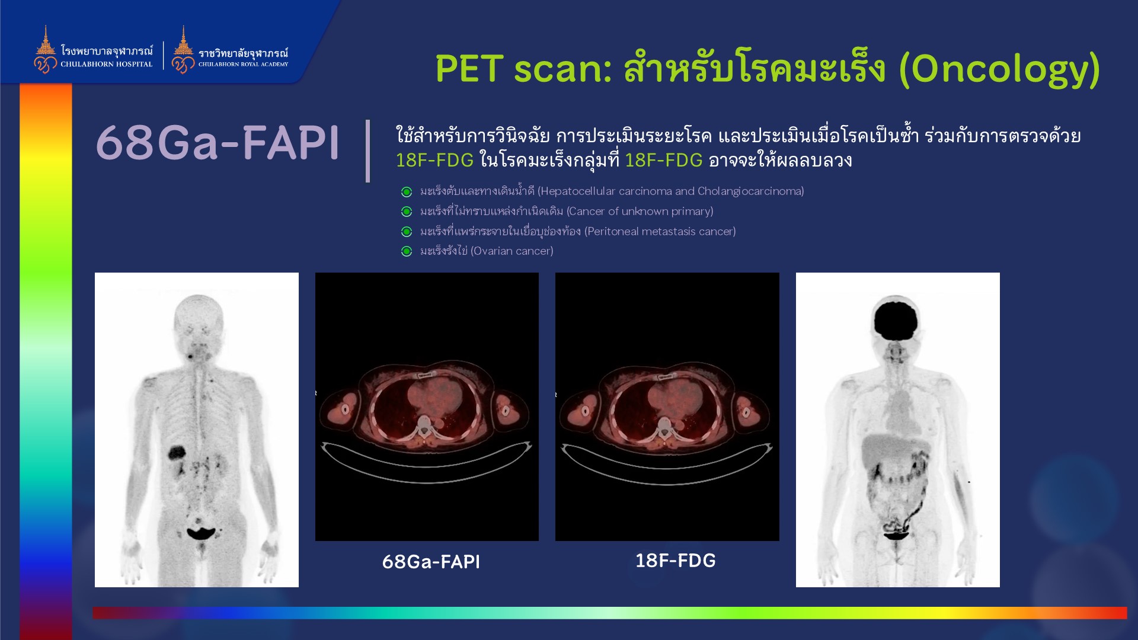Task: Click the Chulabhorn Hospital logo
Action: click(x=93, y=50)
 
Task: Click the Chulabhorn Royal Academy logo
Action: click(x=230, y=50)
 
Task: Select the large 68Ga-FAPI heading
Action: click(x=218, y=143)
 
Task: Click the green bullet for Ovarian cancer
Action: click(x=407, y=251)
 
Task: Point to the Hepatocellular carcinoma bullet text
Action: click(x=612, y=191)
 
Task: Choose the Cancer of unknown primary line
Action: click(x=567, y=211)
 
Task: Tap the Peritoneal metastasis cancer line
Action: click(x=578, y=231)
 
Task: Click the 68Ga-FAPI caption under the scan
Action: click(x=431, y=562)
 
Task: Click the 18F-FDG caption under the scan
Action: click(x=676, y=561)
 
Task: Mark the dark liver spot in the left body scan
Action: click(x=177, y=453)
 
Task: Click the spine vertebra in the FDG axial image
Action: click(x=663, y=424)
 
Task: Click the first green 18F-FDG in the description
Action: click(x=434, y=160)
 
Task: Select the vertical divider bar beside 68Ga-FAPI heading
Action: click(x=368, y=151)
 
